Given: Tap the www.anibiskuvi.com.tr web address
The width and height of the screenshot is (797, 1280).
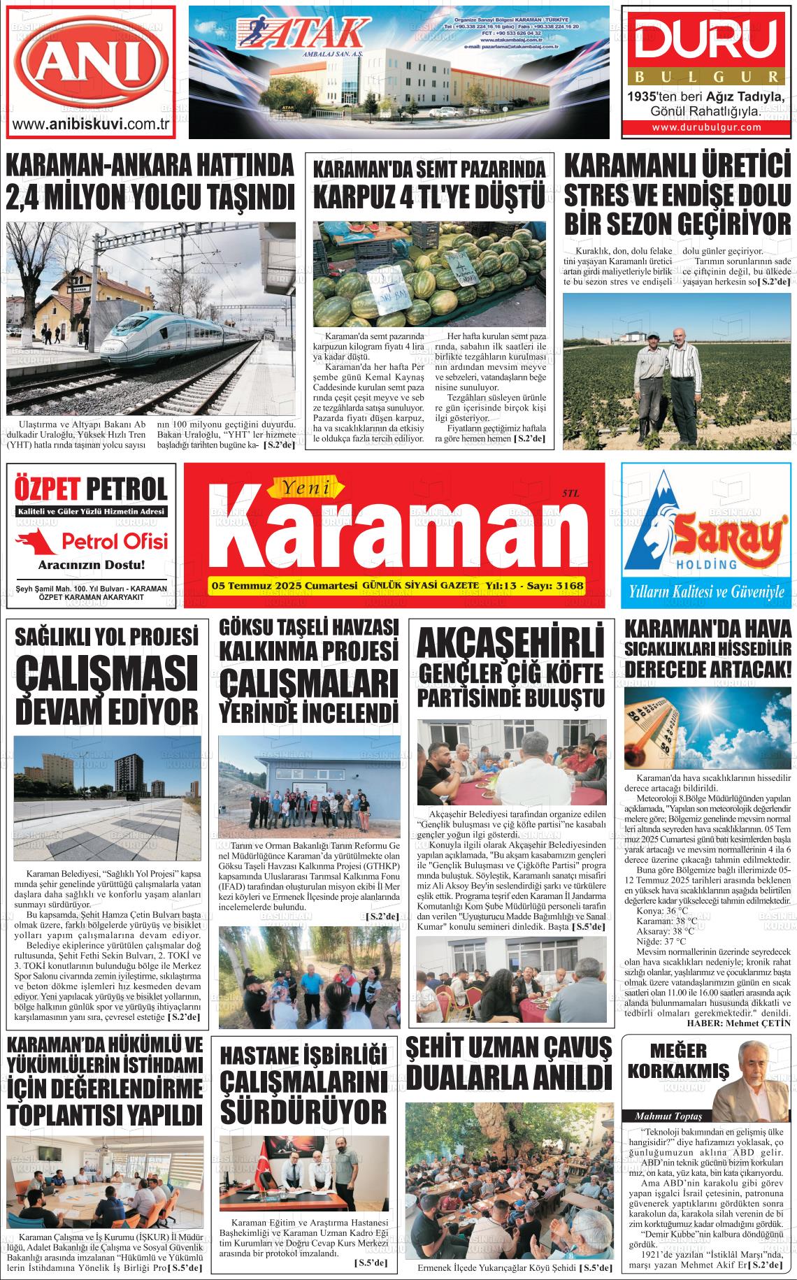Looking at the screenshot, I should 92,124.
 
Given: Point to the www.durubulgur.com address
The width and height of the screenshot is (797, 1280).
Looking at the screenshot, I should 707,127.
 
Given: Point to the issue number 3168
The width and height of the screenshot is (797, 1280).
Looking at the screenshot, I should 569,585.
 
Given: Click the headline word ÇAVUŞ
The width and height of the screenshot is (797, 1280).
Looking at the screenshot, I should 571,1047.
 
